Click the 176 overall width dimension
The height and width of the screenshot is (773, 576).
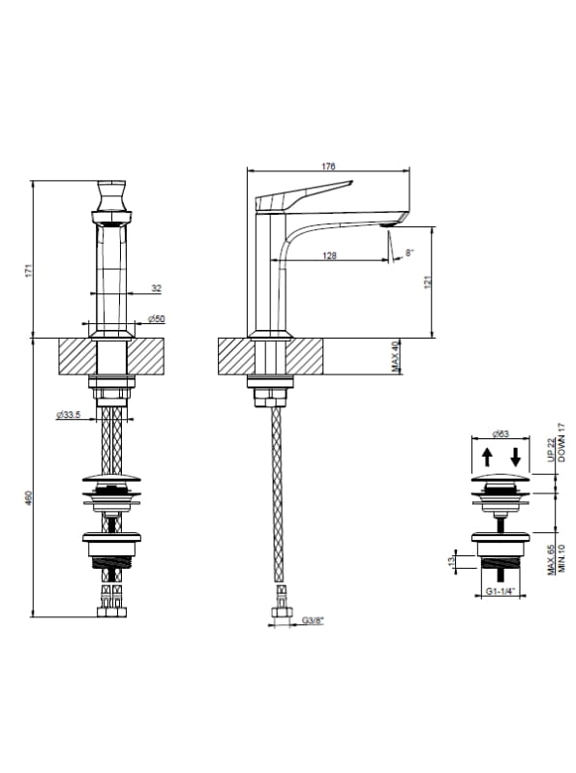click(328, 166)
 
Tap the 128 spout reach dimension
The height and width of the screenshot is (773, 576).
click(329, 255)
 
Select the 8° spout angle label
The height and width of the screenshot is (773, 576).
click(409, 253)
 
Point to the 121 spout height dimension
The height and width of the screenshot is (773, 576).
click(428, 282)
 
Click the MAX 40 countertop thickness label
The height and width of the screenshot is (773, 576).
click(395, 356)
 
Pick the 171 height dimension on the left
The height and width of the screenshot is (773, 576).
click(28, 271)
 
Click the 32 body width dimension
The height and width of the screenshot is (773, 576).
click(156, 288)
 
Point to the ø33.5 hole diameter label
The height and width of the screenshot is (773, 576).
click(68, 415)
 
